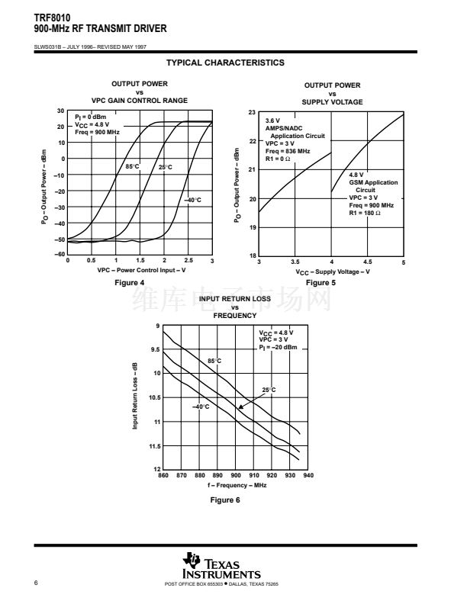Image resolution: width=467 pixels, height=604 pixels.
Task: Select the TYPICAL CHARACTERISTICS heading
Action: click(x=225, y=63)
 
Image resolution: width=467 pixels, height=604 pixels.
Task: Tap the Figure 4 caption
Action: click(x=128, y=283)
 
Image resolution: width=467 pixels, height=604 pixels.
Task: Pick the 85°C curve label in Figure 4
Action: click(x=132, y=166)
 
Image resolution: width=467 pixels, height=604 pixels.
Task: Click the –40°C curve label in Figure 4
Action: click(x=192, y=200)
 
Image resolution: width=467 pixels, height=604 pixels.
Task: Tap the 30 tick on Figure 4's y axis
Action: click(x=60, y=111)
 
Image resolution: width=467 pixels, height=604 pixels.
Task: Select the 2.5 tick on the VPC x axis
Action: click(x=188, y=261)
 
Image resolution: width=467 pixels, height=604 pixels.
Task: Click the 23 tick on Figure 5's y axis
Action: click(x=251, y=112)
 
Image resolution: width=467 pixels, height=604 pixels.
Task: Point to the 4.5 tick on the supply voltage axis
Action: click(x=367, y=262)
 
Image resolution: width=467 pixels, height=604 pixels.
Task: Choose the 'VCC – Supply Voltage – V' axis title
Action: click(x=333, y=271)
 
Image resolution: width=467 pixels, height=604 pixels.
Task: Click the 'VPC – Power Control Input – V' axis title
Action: click(x=141, y=270)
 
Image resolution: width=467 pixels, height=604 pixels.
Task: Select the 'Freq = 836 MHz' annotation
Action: click(x=288, y=151)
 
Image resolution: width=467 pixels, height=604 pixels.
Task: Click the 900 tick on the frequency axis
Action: click(x=236, y=475)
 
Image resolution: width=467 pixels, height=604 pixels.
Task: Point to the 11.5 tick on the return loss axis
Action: click(x=154, y=445)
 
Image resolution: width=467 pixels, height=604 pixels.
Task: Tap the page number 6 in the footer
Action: click(x=37, y=583)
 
